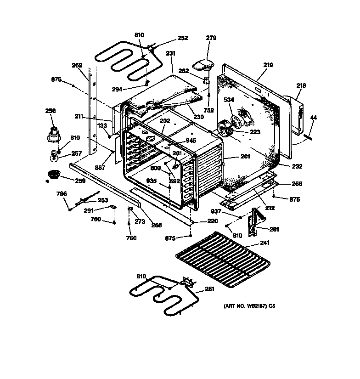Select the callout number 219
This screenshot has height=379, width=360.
tap(268, 65)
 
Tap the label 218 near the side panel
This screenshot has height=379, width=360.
tap(301, 85)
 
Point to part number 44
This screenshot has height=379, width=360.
tap(314, 118)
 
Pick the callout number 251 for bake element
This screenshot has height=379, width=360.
tap(209, 289)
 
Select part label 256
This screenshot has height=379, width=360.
tap(50, 111)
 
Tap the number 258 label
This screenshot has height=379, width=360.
tap(80, 181)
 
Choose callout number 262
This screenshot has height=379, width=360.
tap(77, 65)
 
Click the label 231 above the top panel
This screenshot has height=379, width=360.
tap(170, 53)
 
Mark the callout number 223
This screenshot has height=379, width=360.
tap(255, 132)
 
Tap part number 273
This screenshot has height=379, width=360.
tap(140, 221)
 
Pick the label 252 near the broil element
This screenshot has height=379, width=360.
tap(182, 38)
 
